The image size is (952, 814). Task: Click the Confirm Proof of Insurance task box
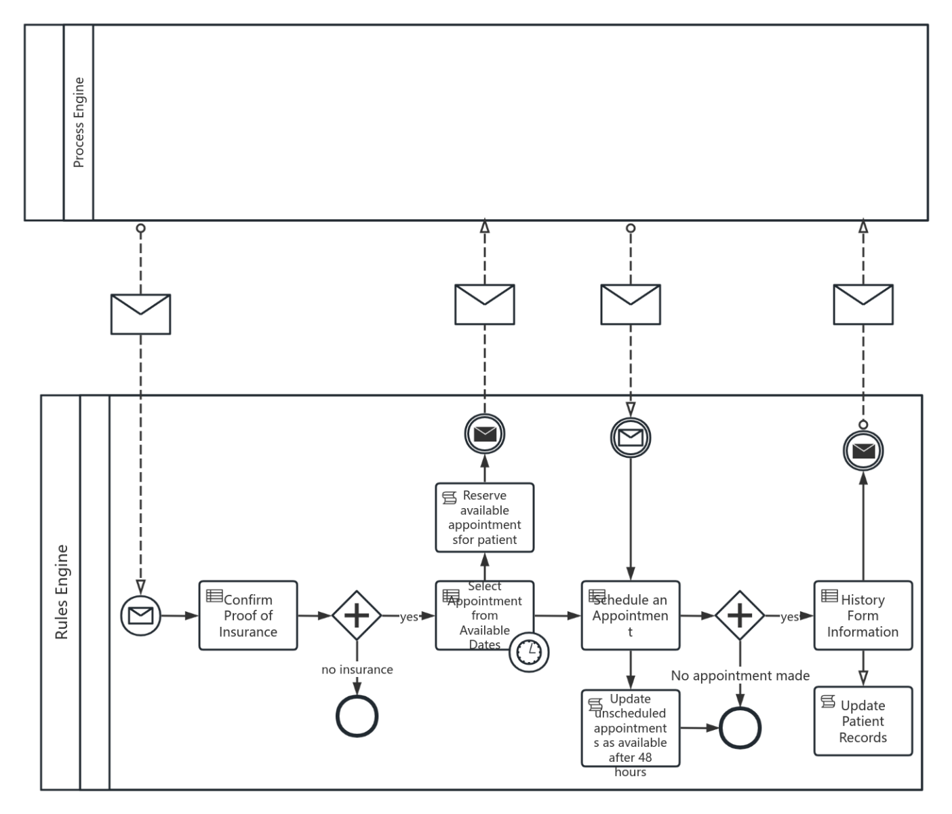click(x=248, y=615)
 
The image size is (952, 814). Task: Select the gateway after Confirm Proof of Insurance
click(x=357, y=615)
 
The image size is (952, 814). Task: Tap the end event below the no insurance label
click(x=357, y=716)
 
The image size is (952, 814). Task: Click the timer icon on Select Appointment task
click(x=529, y=652)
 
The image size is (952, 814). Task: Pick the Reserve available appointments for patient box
click(x=484, y=517)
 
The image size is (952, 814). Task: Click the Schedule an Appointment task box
click(x=631, y=615)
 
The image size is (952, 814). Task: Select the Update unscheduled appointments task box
click(x=631, y=728)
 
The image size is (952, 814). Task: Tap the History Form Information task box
click(x=862, y=615)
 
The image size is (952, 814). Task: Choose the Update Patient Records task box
click(x=862, y=721)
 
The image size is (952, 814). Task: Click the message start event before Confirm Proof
click(x=140, y=616)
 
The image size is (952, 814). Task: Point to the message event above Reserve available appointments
click(x=485, y=434)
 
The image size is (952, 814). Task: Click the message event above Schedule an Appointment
click(x=631, y=437)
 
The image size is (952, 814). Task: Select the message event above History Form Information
click(x=863, y=450)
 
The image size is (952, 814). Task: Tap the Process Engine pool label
click(x=79, y=123)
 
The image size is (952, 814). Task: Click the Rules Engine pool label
click(x=61, y=592)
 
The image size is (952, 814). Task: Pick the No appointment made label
click(x=740, y=676)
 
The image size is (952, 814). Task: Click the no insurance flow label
click(x=357, y=670)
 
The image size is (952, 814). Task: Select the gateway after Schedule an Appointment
click(x=740, y=615)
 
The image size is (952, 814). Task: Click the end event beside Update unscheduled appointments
click(x=740, y=728)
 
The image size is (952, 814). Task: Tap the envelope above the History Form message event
click(x=863, y=304)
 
